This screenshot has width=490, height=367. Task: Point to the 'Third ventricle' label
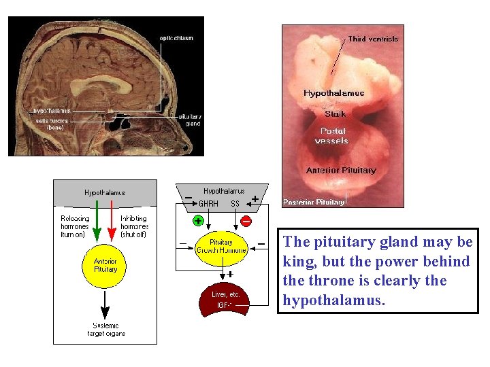[x=373, y=39]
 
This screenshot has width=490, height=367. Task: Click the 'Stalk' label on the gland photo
[x=335, y=114]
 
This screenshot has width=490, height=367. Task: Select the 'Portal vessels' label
[x=331, y=136]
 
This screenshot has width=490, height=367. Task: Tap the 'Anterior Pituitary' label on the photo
[x=341, y=171]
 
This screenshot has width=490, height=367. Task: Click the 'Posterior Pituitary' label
[x=314, y=203]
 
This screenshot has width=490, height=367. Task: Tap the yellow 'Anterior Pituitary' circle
[x=105, y=266]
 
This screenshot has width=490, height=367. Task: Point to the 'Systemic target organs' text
[x=105, y=330]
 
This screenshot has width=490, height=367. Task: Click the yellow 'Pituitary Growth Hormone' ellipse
[x=221, y=246]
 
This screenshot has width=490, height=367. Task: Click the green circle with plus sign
[x=197, y=221]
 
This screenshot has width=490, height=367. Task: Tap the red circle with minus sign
[x=246, y=221]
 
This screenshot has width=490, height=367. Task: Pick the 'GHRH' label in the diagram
[x=208, y=204]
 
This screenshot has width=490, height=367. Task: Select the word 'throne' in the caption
[x=331, y=281]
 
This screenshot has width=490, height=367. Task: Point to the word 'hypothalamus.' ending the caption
[x=333, y=300]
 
